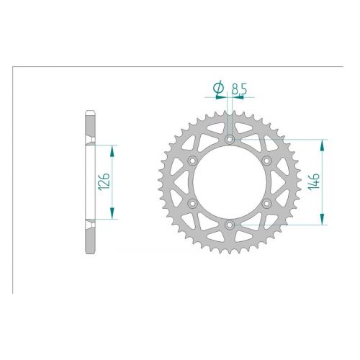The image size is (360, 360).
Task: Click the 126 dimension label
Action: click(x=104, y=181)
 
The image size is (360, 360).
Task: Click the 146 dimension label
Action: click(x=314, y=181)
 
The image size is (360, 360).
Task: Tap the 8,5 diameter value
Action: click(x=239, y=89)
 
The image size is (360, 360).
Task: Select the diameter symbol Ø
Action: click(x=218, y=88)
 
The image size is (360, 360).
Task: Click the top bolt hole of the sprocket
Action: click(x=230, y=139)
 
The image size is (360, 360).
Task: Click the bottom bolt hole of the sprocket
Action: click(x=230, y=225)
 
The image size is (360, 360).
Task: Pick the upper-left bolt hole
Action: click(x=192, y=161)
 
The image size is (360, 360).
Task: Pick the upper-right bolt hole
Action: click(x=266, y=161)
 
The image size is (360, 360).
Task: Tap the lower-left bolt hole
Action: click(x=192, y=204)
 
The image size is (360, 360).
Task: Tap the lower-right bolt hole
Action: click(x=266, y=204)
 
